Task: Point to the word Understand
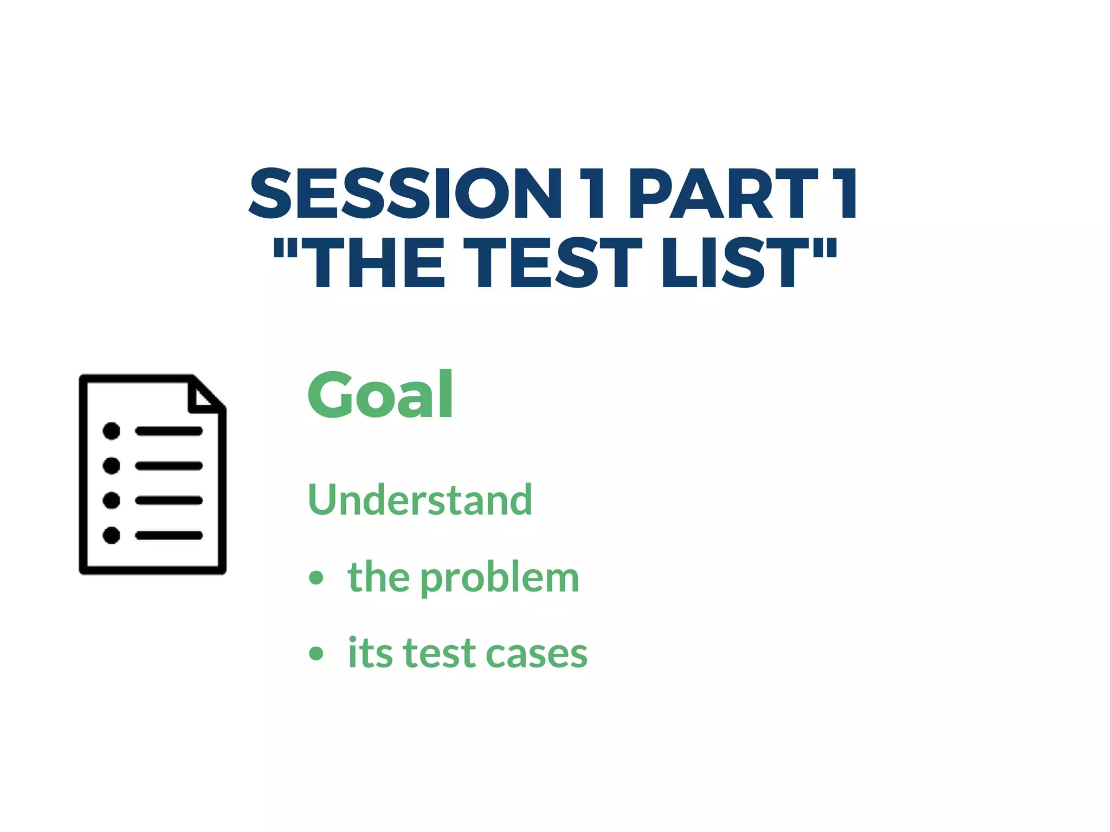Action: (420, 499)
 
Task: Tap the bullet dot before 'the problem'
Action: (316, 577)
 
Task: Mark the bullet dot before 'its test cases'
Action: (316, 653)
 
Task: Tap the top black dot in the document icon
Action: (111, 431)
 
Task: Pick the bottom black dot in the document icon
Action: (111, 535)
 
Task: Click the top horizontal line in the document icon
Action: (169, 431)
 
